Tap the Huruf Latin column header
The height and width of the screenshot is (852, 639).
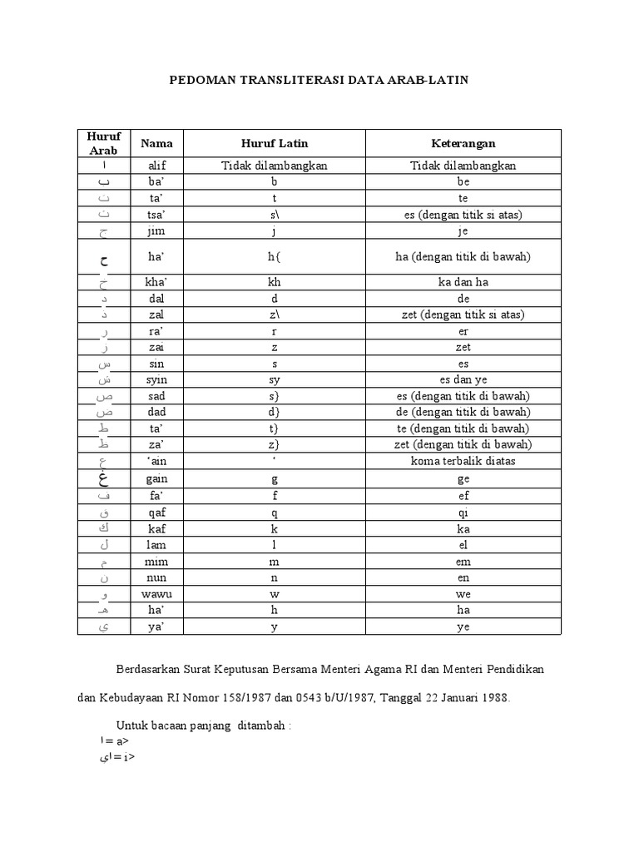click(275, 143)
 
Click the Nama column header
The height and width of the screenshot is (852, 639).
click(156, 143)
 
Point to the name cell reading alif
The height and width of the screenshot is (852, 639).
click(156, 166)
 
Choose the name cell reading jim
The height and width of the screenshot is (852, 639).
click(156, 230)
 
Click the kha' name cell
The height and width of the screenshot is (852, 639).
click(156, 282)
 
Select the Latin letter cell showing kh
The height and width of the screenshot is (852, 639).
click(275, 282)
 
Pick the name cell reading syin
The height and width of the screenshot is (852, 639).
click(156, 379)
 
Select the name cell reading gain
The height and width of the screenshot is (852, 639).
click(156, 480)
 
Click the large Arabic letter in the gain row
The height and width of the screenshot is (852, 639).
click(103, 479)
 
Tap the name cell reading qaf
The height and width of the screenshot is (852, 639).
click(156, 513)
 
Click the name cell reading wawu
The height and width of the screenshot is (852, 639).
click(156, 595)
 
